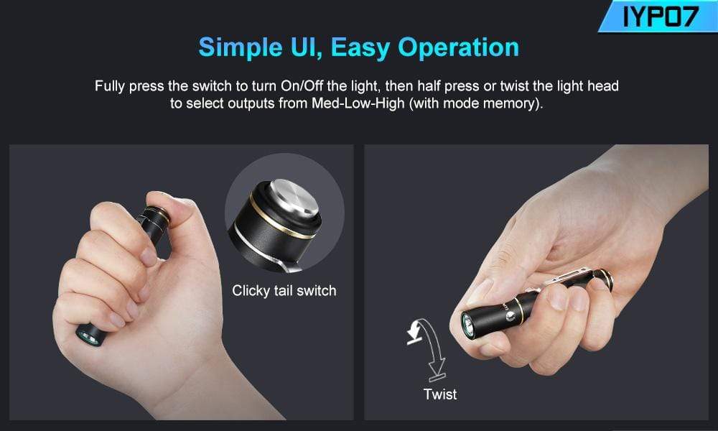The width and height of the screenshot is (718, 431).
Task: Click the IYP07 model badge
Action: (x=658, y=16)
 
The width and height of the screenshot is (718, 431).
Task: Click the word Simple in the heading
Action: (x=241, y=47)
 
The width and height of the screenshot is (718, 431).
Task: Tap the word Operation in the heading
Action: (x=459, y=47)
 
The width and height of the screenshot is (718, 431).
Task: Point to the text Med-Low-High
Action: (x=358, y=103)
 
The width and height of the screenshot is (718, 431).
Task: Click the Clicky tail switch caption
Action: (x=284, y=290)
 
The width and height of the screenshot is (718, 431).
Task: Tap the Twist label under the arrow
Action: (x=440, y=394)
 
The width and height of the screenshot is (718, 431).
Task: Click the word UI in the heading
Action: (x=305, y=48)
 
